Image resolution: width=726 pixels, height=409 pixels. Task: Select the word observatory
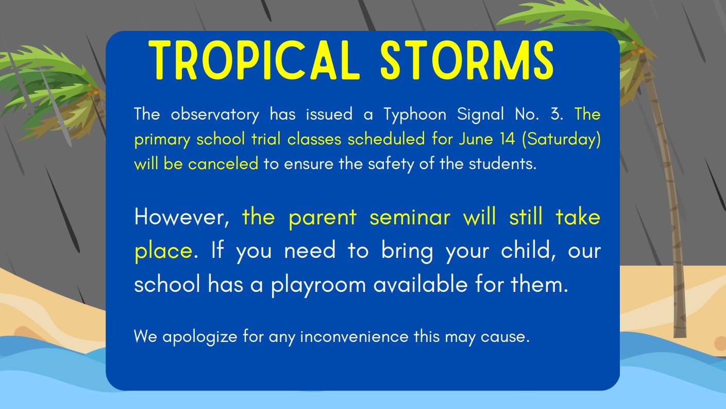pos(215,114)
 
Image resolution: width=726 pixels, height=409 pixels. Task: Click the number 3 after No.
pos(556,114)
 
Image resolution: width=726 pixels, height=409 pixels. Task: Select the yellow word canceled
pos(223,164)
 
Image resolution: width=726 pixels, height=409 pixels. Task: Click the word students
pos(502,164)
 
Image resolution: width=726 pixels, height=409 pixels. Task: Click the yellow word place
pos(163,251)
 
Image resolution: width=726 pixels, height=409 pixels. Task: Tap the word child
pos(530,250)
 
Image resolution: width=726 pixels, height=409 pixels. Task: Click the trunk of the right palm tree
pos(670,206)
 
